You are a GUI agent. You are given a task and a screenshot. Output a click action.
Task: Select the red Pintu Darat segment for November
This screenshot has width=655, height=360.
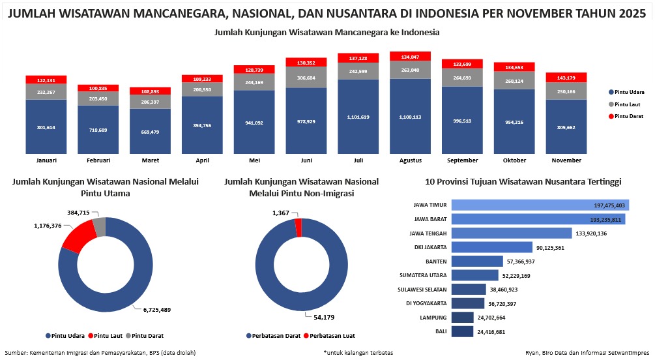click(566, 78)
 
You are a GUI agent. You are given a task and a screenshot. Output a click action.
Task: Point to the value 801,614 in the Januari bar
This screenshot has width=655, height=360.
click(46, 127)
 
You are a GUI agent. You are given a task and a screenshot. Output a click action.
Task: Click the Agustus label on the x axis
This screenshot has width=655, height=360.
click(410, 160)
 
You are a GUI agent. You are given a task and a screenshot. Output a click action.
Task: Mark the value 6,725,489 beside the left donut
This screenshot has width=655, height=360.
click(157, 310)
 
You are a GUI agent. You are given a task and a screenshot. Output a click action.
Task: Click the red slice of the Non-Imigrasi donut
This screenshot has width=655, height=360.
click(298, 226)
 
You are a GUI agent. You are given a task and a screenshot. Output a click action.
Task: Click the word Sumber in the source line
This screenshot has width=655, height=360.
click(16, 352)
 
